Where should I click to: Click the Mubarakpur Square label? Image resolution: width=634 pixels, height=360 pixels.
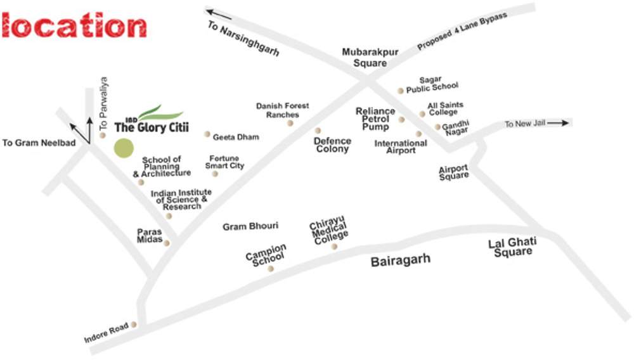(x=370, y=58)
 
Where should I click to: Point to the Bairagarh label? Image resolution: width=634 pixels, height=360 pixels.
(x=400, y=259)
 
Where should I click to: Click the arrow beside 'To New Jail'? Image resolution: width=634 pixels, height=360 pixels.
(x=557, y=124)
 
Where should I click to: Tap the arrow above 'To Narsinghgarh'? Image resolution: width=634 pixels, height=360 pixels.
(x=218, y=13)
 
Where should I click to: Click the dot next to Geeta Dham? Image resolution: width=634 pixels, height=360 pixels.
(x=207, y=134)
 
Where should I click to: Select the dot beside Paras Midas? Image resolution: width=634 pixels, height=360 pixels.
(x=167, y=243)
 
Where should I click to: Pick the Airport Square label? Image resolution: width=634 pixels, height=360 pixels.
(x=454, y=172)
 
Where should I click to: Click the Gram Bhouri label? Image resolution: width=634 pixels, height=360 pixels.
(x=250, y=226)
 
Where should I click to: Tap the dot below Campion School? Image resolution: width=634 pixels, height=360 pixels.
(x=271, y=269)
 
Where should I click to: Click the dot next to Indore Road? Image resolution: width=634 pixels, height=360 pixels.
(x=134, y=325)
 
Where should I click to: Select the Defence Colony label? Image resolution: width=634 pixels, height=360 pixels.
(x=332, y=145)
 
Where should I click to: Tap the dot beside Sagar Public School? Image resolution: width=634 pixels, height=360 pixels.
(x=400, y=91)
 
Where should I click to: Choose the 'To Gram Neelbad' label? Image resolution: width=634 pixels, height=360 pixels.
(x=39, y=143)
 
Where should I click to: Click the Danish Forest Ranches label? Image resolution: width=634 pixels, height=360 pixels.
(x=282, y=110)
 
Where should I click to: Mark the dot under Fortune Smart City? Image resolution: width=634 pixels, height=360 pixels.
(x=215, y=174)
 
